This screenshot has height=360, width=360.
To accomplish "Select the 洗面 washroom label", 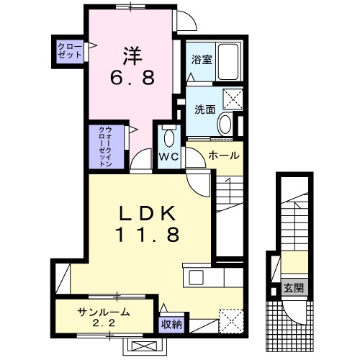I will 204,109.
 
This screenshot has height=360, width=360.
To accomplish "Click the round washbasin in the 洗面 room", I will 225,123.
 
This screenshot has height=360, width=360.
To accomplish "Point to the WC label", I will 169,156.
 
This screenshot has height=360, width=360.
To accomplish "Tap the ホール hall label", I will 223,156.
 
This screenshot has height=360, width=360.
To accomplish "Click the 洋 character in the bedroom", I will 130,54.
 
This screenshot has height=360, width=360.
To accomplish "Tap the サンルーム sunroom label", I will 104,312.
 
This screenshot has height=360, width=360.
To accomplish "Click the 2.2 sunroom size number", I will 104,323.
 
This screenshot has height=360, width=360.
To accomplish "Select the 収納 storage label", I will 172,324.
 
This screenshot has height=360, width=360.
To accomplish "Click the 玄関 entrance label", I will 293,289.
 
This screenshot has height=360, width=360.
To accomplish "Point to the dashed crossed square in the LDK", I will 229,318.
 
